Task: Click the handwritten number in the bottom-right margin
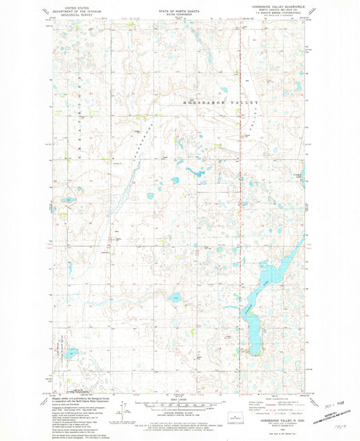pos(337,427)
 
